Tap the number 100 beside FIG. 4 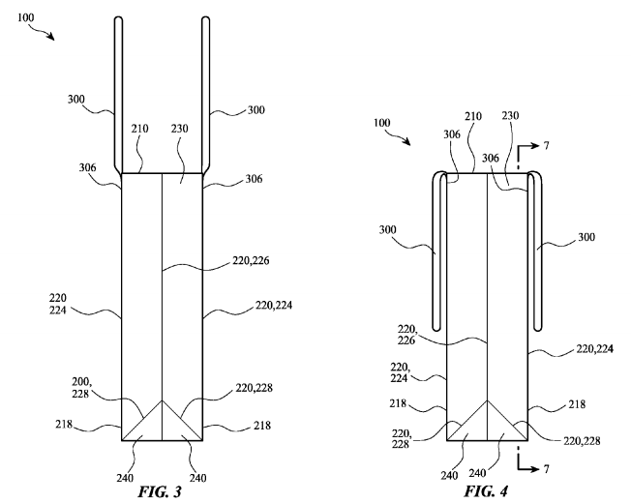click(x=383, y=124)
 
